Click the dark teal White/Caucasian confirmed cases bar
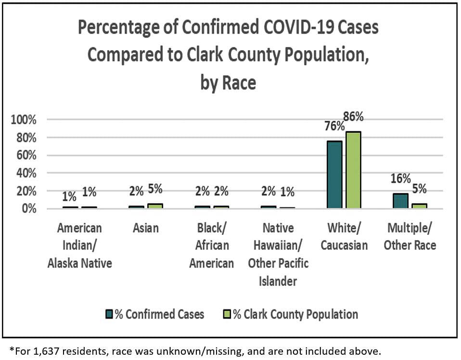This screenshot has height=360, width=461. [x=334, y=175]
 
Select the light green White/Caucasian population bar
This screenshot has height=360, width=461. [x=353, y=170]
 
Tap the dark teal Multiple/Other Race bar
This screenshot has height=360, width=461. [x=400, y=201]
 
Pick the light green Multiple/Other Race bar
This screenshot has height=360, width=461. [x=419, y=206]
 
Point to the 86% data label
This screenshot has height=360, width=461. [x=353, y=117]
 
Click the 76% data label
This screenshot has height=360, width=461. [x=334, y=126]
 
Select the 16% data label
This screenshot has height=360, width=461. [x=400, y=179]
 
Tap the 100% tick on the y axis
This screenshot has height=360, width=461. [x=24, y=120]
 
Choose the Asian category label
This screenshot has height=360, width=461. [x=145, y=228]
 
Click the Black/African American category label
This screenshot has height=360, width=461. [x=211, y=245]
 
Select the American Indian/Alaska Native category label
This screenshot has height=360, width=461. [x=79, y=245]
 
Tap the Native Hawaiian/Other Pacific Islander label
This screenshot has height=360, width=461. [x=278, y=254]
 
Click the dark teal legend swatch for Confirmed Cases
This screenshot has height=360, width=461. [x=109, y=315]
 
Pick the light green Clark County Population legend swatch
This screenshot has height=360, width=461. [x=228, y=315]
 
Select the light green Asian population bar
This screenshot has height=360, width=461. [x=155, y=206]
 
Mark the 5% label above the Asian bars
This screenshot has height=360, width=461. [x=155, y=189]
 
